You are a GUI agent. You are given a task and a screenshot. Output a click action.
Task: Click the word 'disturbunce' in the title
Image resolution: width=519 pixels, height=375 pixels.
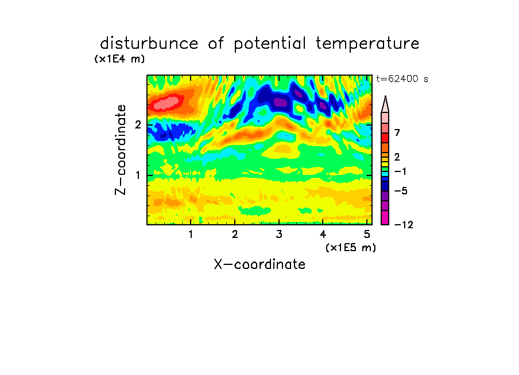pos(149,43)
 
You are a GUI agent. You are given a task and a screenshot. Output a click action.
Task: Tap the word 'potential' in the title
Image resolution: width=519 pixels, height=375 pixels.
pos(270,44)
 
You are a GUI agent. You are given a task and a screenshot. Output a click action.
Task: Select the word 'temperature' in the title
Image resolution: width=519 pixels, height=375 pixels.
pos(367,44)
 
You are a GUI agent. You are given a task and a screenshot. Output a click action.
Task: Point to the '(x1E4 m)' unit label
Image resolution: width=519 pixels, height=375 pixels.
pos(119,59)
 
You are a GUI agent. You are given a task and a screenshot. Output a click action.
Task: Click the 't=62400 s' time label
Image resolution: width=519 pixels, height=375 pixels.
pos(402,79)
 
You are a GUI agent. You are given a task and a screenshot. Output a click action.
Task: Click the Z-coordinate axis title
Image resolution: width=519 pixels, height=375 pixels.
pos(121,150)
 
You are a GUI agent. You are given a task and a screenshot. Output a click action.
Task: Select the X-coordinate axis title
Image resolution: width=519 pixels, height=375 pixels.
pos(259,264)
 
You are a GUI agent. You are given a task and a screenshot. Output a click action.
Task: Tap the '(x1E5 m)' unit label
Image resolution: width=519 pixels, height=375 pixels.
pos(351,247)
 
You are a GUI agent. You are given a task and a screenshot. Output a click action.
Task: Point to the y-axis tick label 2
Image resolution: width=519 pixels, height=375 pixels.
pos(138,125)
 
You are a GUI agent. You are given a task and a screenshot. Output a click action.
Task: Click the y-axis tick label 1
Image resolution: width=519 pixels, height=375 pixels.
pos(138,175)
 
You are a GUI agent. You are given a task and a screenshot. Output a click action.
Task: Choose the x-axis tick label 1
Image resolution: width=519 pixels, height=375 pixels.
pos(191,234)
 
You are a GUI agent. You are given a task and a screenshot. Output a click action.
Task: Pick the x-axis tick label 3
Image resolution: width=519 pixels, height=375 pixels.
pos(279,234)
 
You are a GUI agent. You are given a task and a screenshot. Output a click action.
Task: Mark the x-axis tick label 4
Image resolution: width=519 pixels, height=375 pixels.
pos(323,234)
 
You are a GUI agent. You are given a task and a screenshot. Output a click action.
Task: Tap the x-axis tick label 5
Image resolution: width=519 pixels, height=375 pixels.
pos(367,234)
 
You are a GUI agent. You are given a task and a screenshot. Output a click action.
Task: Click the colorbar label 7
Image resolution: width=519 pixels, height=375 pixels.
pos(397,132)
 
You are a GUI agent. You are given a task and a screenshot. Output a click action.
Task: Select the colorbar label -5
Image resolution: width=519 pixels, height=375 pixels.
pos(401,191)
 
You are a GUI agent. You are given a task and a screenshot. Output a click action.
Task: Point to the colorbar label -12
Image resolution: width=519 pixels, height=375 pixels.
pos(404,225)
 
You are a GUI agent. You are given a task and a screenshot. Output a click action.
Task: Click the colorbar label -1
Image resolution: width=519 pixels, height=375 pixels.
pos(400,171)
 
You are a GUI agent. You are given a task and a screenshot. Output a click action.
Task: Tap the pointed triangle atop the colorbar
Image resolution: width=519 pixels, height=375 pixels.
pos(385,104)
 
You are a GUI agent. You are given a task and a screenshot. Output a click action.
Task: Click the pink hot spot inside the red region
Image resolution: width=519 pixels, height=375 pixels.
pos(168,102)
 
